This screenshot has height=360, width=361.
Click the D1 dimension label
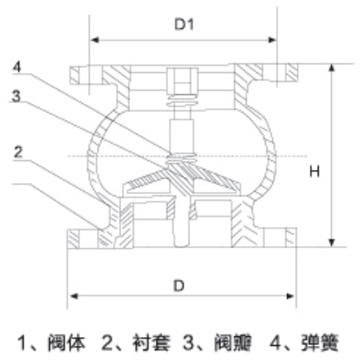pyautogui.click(x=184, y=25)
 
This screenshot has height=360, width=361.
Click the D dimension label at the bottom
pyautogui.click(x=179, y=285)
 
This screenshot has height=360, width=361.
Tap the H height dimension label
pyautogui.click(x=314, y=171)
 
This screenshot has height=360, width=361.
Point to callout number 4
pyautogui.click(x=18, y=67)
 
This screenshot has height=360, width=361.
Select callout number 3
pyautogui.click(x=17, y=96)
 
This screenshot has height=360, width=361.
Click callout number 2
pyautogui.click(x=18, y=152)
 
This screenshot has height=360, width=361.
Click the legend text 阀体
pyautogui.click(x=67, y=342)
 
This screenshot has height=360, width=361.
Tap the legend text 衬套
pyautogui.click(x=151, y=342)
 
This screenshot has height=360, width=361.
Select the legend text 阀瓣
pyautogui.click(x=233, y=342)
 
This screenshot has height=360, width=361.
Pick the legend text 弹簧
pyautogui.click(x=320, y=342)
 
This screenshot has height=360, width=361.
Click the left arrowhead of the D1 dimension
pyautogui.click(x=94, y=40)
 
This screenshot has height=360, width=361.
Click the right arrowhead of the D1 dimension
pyautogui.click(x=272, y=40)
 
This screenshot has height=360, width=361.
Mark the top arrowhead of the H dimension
pyautogui.click(x=332, y=69)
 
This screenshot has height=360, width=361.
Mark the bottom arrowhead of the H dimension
pyautogui.click(x=332, y=243)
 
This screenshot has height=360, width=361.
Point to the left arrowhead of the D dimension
pyautogui.click(x=73, y=296)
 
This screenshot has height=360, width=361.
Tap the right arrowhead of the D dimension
pyautogui.click(x=291, y=296)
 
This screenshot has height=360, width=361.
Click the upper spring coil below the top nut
pyautogui.click(x=182, y=101)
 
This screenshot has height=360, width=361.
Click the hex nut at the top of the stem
pyautogui.click(x=182, y=80)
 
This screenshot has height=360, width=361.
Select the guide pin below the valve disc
pyautogui.click(x=181, y=222)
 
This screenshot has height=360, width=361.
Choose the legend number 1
pyautogui.click(x=22, y=342)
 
